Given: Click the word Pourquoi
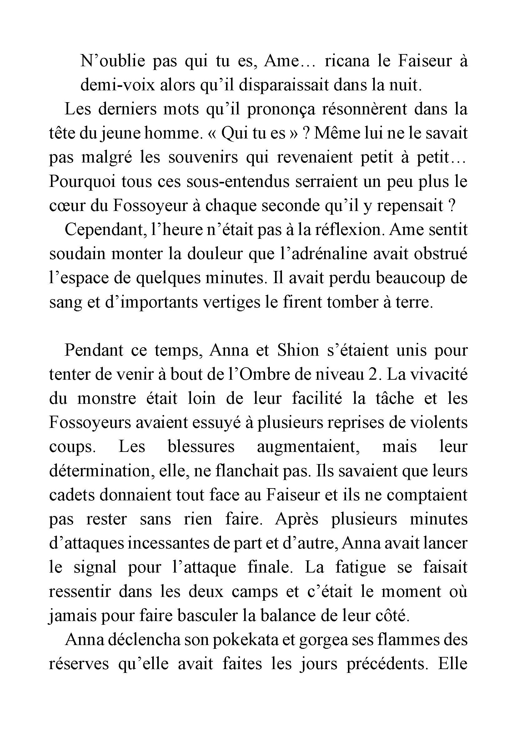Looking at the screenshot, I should pos(81,182).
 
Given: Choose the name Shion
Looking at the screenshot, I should pos(298,350).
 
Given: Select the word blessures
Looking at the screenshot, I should pos(201,447).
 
